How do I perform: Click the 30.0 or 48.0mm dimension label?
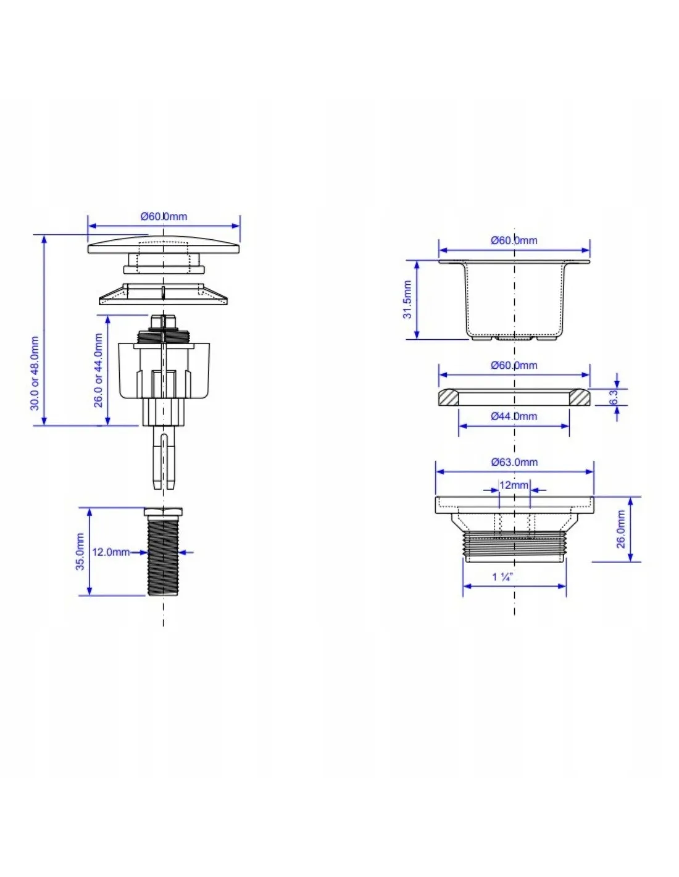35,373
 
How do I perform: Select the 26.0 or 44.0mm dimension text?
98,370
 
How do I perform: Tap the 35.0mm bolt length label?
80,552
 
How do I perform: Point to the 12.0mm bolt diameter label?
111,552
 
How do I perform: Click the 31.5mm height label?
407,300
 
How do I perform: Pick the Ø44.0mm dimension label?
514,416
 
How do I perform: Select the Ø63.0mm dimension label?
514,462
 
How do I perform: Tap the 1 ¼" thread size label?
502,577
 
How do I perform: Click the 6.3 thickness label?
614,397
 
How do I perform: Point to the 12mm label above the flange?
514,485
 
